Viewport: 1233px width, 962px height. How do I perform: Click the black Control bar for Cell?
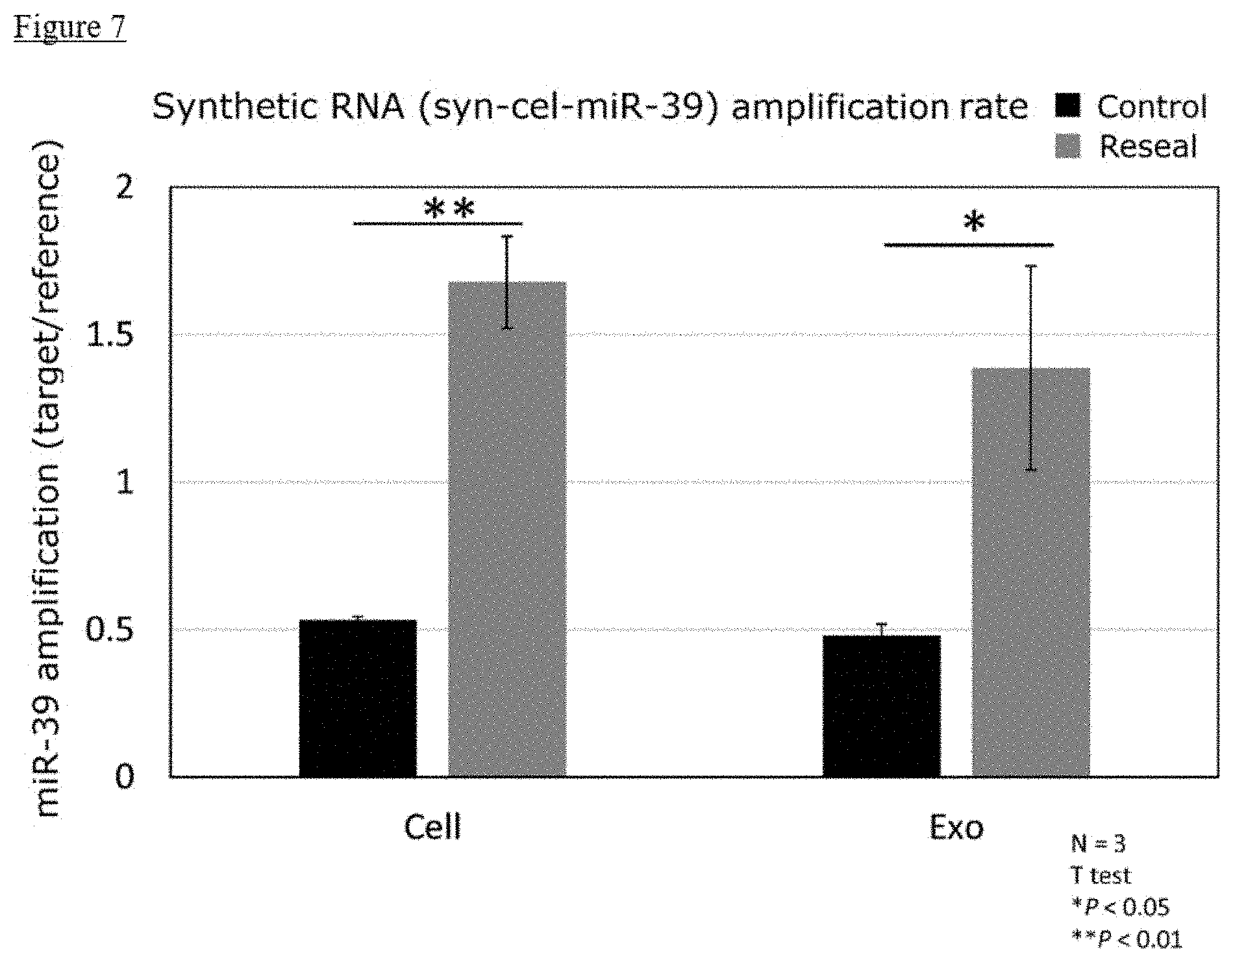[x=358, y=698]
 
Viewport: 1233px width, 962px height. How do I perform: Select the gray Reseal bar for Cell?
[x=507, y=528]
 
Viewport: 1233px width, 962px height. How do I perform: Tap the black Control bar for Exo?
[x=881, y=706]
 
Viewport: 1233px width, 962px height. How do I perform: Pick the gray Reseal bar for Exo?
[x=1031, y=572]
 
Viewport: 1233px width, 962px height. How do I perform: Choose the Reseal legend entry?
[x=1126, y=147]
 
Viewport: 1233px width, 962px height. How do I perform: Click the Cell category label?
[x=432, y=827]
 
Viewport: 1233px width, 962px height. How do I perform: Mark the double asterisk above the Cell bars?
[x=449, y=210]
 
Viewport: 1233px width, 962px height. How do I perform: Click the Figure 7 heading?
[x=69, y=28]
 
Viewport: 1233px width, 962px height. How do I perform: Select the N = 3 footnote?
[x=1098, y=845]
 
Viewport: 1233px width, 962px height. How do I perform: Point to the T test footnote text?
[x=1101, y=876]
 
